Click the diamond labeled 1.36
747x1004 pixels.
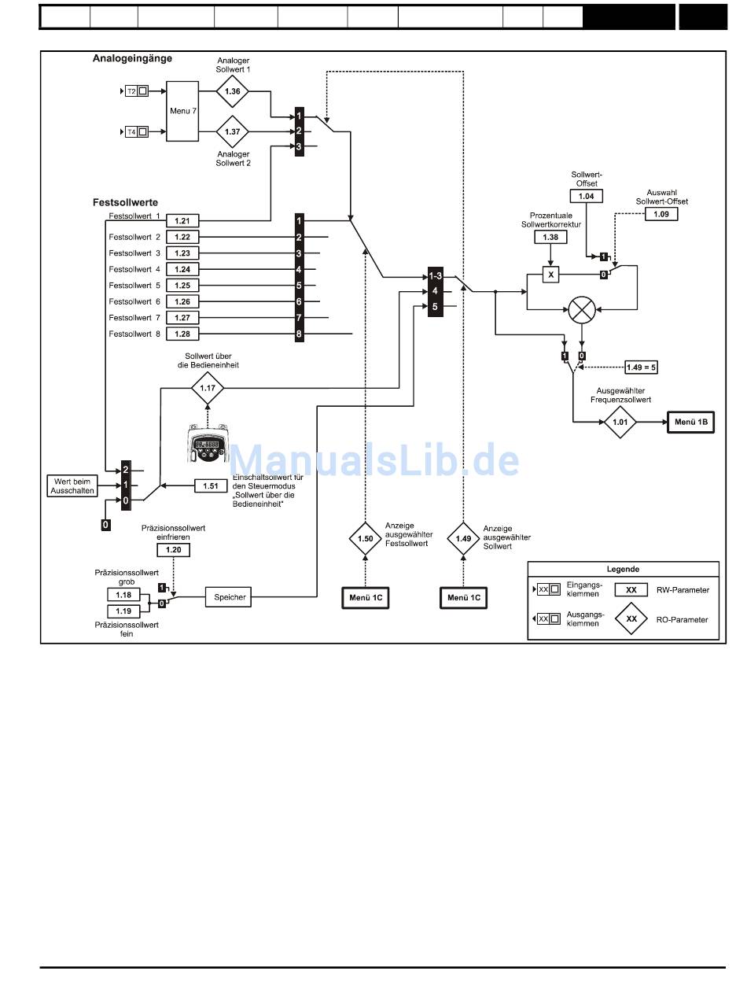(232, 91)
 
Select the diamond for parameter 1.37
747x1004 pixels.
(232, 131)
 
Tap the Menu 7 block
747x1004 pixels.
(182, 111)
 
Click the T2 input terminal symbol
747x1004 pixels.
(136, 91)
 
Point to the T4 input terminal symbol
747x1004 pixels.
(136, 131)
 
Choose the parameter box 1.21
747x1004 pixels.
(182, 221)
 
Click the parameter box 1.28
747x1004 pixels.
(182, 334)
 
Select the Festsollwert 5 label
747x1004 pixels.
(134, 286)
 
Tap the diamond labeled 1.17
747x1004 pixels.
(208, 388)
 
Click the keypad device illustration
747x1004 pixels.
(208, 444)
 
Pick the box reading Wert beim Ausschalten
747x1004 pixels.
(72, 486)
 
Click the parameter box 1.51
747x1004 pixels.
(211, 486)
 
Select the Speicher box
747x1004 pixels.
(229, 597)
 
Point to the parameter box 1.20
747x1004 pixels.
(173, 550)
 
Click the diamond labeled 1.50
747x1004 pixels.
(365, 539)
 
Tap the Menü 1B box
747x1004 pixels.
(691, 422)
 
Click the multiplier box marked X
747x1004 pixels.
(550, 275)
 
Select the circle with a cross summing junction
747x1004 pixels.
(582, 310)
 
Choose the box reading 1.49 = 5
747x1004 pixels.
(641, 367)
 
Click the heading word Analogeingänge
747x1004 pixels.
(132, 58)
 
